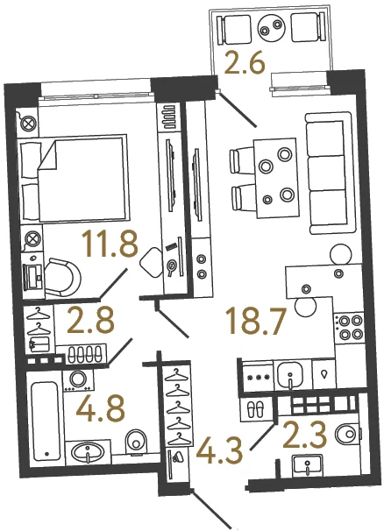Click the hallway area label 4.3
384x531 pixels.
point(219,449)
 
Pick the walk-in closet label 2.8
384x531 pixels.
point(90,319)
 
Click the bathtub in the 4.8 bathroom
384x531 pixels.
point(45,420)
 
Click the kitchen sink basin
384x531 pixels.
point(290,375)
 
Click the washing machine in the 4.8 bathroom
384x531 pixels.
point(79,380)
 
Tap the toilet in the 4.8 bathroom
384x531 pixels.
point(136,441)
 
